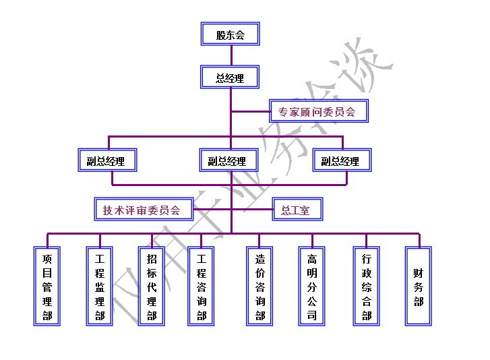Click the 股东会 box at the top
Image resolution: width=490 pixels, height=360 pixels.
click(x=230, y=34)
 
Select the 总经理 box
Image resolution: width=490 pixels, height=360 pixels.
click(x=230, y=77)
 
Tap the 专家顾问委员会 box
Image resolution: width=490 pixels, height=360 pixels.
click(x=319, y=111)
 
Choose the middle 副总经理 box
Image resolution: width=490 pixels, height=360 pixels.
click(x=229, y=160)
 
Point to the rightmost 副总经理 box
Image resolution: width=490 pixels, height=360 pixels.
click(x=341, y=160)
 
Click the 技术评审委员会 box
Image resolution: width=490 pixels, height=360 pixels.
click(x=142, y=210)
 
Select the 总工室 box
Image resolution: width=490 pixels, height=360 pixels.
click(x=296, y=210)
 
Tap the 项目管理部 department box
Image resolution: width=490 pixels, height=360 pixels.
click(x=47, y=287)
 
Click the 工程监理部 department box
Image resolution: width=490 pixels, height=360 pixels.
click(x=100, y=287)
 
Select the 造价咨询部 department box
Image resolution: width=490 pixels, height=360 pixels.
click(x=259, y=287)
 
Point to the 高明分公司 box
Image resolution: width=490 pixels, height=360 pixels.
click(x=312, y=287)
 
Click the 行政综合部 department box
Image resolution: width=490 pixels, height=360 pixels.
click(x=367, y=287)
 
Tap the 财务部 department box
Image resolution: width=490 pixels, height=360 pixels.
click(x=419, y=287)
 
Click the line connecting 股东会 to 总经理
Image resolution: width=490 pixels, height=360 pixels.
click(x=230, y=55)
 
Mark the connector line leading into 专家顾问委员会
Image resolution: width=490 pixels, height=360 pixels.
click(x=250, y=111)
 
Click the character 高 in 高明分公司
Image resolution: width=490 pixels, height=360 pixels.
click(x=312, y=259)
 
